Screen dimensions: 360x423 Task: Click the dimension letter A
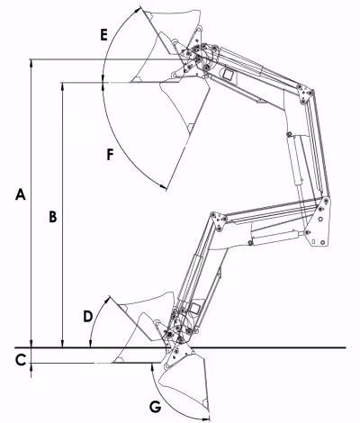(x=21, y=194)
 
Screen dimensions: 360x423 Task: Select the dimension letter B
(x=53, y=217)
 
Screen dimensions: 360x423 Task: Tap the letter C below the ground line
(x=21, y=360)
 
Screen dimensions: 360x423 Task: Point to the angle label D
(x=87, y=317)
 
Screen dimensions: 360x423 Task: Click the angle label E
(x=103, y=35)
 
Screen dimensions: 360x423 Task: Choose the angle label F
(x=111, y=155)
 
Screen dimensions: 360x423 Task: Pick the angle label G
(x=156, y=407)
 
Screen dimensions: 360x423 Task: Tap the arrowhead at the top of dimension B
(x=62, y=86)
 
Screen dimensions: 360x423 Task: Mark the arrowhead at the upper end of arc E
(x=138, y=10)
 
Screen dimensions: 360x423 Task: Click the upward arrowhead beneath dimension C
(x=31, y=367)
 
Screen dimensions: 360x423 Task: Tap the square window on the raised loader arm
(x=228, y=74)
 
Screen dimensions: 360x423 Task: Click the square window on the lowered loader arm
(x=195, y=308)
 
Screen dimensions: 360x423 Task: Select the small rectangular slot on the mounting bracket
(x=313, y=241)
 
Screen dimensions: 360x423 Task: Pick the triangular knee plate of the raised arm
(x=305, y=94)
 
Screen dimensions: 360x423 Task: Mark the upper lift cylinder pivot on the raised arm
(x=289, y=134)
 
